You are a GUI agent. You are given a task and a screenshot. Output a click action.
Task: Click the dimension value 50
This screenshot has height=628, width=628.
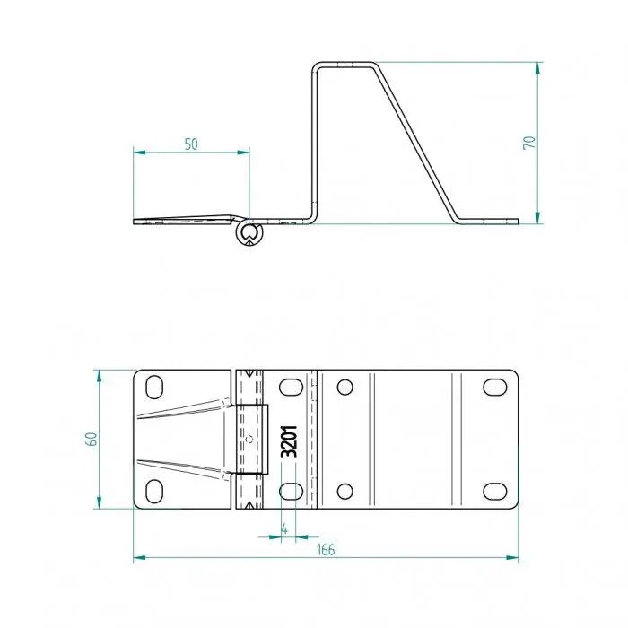tap(191, 144)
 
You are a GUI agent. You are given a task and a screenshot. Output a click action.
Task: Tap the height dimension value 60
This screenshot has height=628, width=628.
tap(91, 439)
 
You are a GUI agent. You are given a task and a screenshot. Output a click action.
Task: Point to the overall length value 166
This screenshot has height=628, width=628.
tap(325, 549)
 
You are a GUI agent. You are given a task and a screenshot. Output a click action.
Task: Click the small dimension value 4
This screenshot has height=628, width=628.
tap(284, 528)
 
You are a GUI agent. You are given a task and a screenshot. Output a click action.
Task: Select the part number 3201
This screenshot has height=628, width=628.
tap(289, 440)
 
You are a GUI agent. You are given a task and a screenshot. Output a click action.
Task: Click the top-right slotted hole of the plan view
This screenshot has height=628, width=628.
tap(494, 387)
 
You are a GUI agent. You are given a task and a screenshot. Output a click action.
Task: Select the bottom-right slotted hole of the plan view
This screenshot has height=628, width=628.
tap(494, 491)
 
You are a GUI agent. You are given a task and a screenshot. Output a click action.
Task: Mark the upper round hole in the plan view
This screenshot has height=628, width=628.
tap(344, 388)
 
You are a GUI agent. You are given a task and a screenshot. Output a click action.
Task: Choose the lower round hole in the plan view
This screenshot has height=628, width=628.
tap(344, 491)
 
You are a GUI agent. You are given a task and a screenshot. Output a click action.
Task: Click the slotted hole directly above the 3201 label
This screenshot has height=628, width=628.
tap(290, 388)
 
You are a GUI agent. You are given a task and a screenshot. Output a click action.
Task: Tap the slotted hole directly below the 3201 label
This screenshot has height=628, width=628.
tap(290, 491)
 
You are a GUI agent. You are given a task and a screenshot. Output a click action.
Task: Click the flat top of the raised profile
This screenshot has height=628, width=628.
tap(346, 64)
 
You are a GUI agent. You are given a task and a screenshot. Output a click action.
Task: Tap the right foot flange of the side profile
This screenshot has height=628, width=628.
tap(489, 220)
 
